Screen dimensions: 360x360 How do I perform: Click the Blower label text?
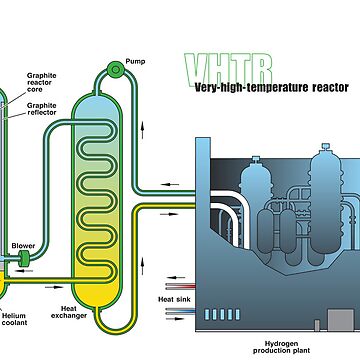(x=23, y=245)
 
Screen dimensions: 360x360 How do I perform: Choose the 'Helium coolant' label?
(x=13, y=317)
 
